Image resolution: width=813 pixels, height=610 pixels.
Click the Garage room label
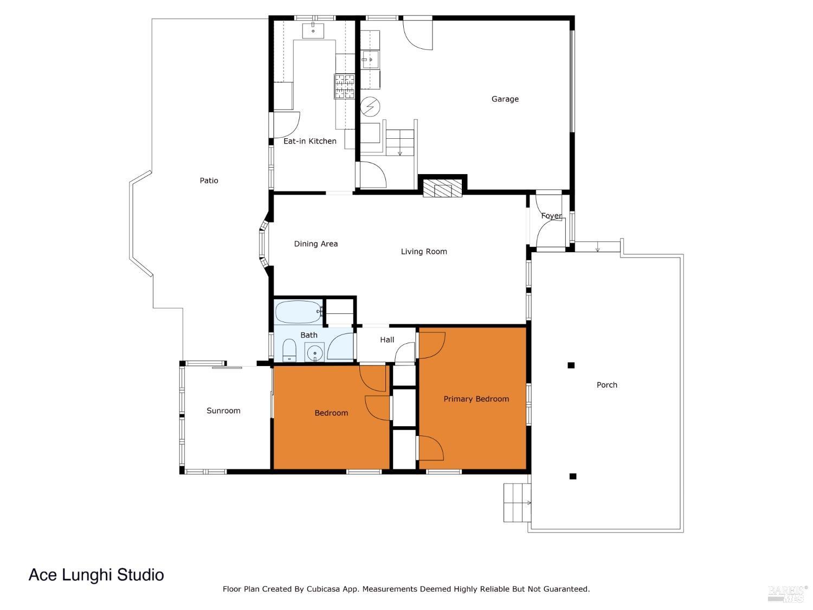pos(505,99)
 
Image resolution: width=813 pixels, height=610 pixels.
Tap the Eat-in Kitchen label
pos(309,141)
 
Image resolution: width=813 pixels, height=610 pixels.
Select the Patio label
pos(209,181)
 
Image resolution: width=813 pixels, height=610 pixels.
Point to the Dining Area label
pos(315,244)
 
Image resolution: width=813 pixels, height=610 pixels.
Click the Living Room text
pos(423,252)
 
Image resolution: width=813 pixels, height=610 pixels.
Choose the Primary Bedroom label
pos(476,399)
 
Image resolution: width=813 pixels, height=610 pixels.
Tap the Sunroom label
pos(223,410)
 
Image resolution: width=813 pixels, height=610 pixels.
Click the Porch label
pos(606,385)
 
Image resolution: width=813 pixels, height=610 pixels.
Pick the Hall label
pos(387,340)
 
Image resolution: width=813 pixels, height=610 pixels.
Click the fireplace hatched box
pos(437,190)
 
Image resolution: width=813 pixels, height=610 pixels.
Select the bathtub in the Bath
pos(298,312)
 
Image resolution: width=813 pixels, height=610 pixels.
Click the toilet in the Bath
pos(289,350)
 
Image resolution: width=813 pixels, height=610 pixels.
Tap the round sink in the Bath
pos(314,354)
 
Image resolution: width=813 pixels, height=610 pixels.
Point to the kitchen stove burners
pos(344,87)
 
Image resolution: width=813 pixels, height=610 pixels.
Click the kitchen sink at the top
pos(313,30)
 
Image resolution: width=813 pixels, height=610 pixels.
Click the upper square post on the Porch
pos(571,365)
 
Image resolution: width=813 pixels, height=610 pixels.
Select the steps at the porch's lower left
pos(517,503)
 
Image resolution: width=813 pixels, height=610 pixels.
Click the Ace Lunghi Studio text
pos(96,575)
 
